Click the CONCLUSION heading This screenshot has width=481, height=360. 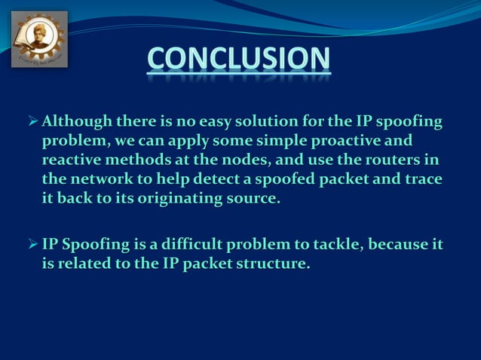click(239, 59)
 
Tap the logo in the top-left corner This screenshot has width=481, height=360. click(39, 39)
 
